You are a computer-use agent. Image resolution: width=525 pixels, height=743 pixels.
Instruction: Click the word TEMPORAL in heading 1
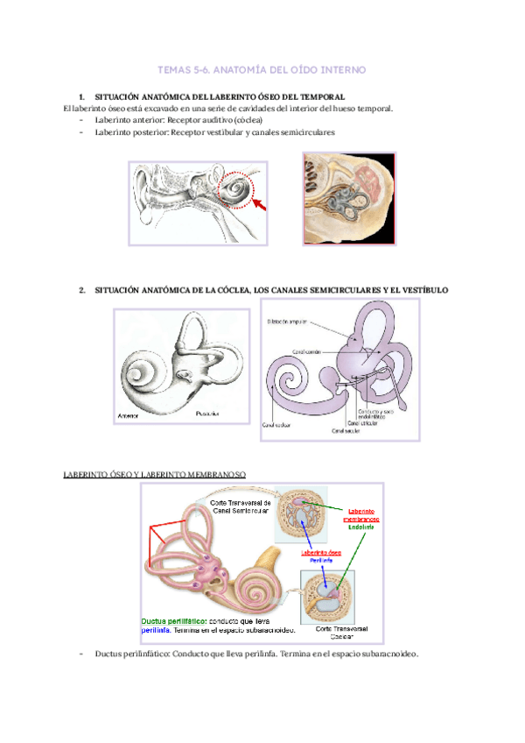324,96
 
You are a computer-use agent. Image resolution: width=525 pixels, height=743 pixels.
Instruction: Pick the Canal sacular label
346,431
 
